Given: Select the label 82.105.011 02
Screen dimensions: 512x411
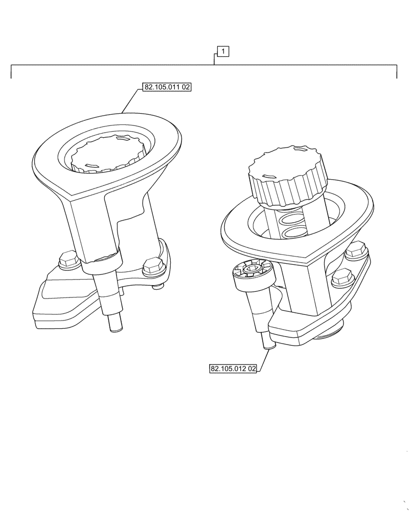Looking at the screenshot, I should [167, 88].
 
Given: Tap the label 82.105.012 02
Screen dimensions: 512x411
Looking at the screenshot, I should [233, 369].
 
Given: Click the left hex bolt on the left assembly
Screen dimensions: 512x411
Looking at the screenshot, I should [68, 260].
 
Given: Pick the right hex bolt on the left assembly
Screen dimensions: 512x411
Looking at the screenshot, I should [153, 266].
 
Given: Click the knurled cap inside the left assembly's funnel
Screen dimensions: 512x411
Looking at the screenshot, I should [108, 154].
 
